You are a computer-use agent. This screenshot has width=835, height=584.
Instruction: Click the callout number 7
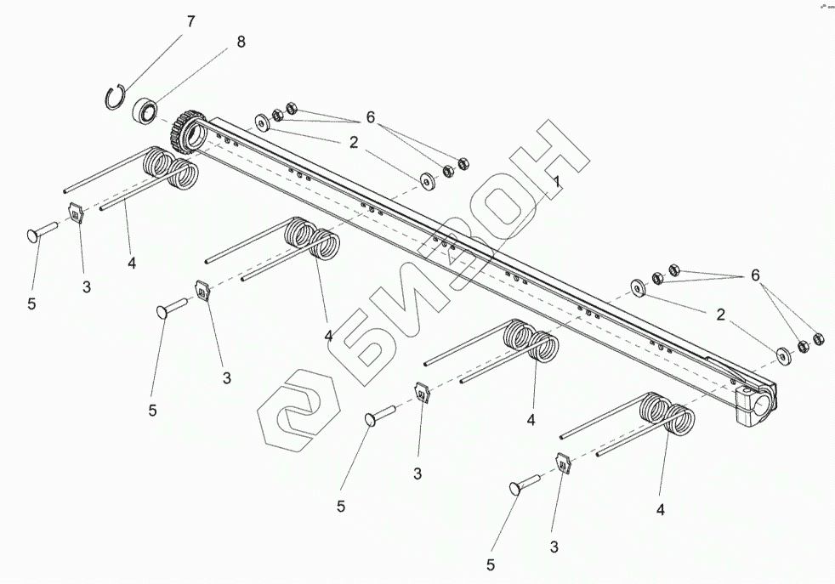[190, 21]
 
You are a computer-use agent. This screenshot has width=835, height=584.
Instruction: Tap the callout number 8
[241, 42]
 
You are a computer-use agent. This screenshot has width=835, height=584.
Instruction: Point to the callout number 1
[555, 182]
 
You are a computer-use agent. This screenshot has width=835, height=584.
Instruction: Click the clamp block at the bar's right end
[755, 400]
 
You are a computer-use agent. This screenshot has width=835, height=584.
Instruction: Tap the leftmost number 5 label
[31, 303]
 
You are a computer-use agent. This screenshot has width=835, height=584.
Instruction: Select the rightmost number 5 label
[491, 563]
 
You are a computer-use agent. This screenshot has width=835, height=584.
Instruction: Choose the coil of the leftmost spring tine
[170, 168]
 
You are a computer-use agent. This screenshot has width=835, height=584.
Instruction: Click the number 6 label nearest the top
[369, 116]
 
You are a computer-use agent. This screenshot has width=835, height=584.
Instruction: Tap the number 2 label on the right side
[720, 314]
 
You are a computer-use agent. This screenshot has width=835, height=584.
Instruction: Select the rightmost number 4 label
[660, 510]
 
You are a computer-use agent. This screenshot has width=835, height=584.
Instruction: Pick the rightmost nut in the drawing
[819, 339]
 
